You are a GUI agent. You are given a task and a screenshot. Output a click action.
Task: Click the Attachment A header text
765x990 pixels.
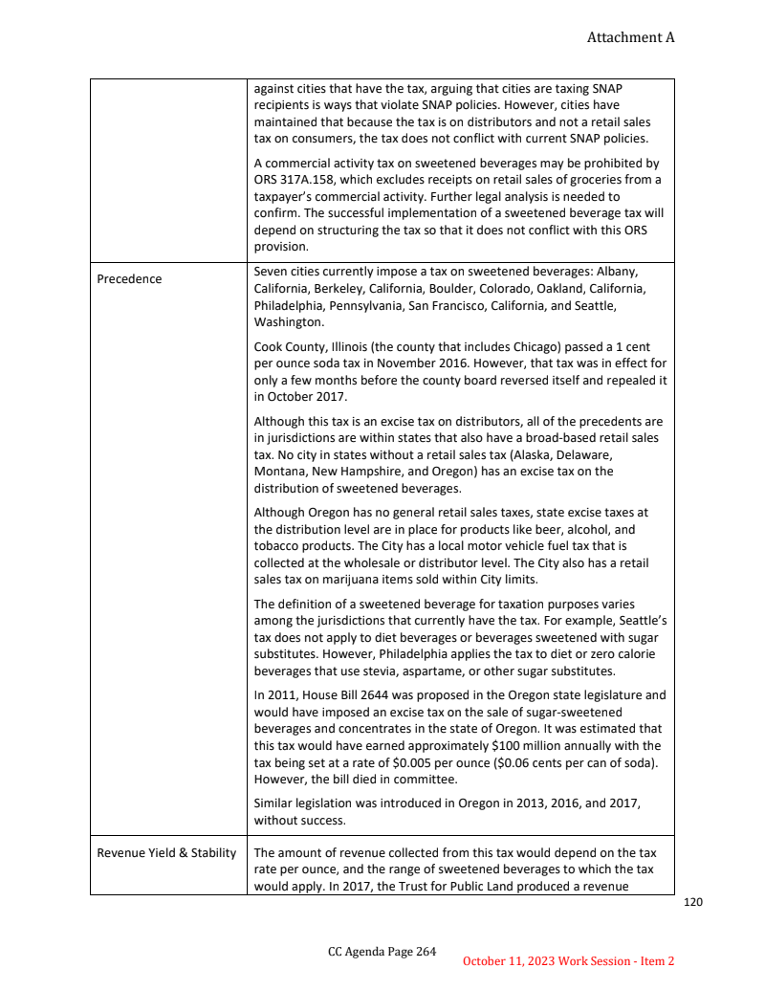coord(630,37)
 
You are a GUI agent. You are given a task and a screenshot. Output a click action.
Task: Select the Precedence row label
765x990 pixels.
coord(129,279)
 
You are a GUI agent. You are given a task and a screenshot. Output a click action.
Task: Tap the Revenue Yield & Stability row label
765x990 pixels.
coord(166,852)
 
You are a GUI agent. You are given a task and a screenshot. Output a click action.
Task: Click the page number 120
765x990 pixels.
coord(693,902)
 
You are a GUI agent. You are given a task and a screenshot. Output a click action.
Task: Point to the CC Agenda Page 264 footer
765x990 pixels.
coord(382,951)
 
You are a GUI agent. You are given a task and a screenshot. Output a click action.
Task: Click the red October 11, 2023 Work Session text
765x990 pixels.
coord(568,960)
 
